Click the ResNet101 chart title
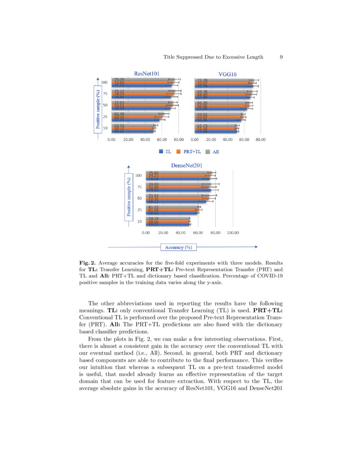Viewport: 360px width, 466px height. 147,74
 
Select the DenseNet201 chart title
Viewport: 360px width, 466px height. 184,165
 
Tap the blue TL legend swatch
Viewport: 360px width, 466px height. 161,151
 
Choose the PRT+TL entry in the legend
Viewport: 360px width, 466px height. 189,151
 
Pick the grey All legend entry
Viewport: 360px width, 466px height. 212,151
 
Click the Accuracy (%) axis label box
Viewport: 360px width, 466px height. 178,247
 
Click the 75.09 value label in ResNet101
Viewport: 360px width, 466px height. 119,79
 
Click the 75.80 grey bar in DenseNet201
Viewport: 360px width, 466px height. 178,172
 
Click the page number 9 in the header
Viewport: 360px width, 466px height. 281,57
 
